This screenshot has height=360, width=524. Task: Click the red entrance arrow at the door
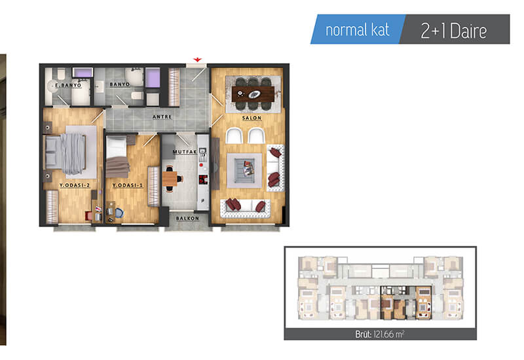tap(198, 60)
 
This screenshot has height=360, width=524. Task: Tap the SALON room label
tap(252, 118)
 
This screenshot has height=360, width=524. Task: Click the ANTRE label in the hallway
tap(162, 117)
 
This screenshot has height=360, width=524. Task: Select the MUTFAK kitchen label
tap(185, 152)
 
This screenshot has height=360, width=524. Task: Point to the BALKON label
tap(187, 219)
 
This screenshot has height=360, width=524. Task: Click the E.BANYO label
tap(68, 86)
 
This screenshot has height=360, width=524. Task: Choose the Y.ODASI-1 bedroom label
tap(127, 185)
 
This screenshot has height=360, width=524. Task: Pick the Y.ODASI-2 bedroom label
tap(75, 185)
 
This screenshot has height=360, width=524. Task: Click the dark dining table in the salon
tap(253, 94)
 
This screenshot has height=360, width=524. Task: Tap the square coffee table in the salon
tap(244, 170)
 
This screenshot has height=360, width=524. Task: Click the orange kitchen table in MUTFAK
tap(170, 179)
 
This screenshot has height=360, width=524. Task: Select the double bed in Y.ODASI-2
tap(66, 153)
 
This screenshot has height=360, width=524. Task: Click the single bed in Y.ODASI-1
tap(117, 156)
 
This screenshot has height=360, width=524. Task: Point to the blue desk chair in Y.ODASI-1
tap(119, 212)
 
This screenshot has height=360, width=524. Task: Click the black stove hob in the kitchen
tap(202, 179)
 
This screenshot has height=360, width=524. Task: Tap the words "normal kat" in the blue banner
tap(357, 30)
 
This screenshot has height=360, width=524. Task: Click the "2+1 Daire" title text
tap(453, 31)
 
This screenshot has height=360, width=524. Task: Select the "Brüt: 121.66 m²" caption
tap(380, 334)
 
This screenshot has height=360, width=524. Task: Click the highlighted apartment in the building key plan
tap(406, 302)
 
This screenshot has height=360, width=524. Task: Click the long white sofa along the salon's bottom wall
tap(245, 208)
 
